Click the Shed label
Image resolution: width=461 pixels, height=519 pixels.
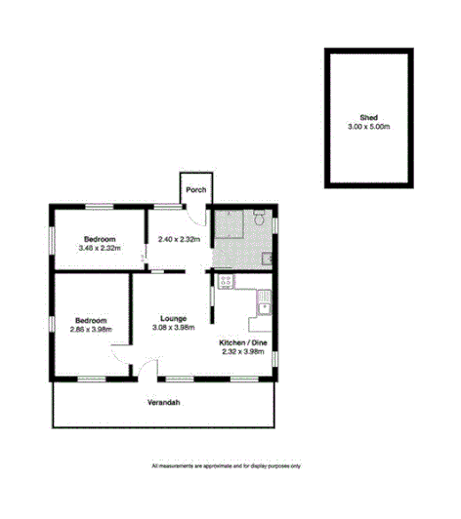(x=368, y=116)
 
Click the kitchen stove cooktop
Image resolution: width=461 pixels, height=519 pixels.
(x=226, y=282)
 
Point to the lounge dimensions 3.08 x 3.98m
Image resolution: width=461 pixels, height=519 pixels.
(x=174, y=328)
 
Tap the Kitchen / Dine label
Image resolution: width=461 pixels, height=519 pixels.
(x=242, y=343)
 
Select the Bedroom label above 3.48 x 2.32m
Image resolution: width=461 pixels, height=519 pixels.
(x=100, y=239)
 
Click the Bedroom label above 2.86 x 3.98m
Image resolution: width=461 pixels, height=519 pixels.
(x=91, y=319)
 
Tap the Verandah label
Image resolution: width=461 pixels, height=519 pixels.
(x=164, y=403)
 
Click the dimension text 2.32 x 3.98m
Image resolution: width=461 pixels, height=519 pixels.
(x=242, y=353)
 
